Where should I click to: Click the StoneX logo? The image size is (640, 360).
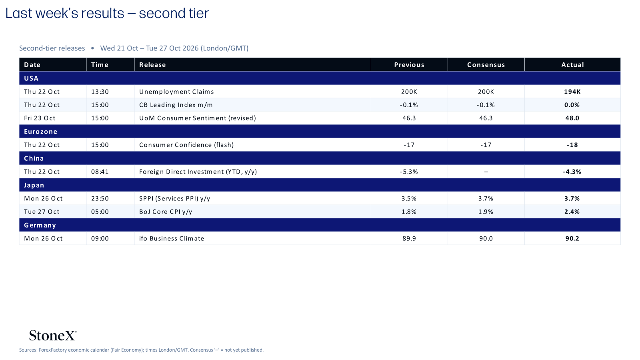[53, 336]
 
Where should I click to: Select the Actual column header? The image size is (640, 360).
[572, 65]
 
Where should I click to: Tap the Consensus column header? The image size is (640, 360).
[486, 65]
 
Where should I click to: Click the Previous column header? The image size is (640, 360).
[409, 65]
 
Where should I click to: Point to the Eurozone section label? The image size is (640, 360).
[40, 132]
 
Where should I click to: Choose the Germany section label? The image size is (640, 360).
[40, 225]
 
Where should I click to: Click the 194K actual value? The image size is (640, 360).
[572, 92]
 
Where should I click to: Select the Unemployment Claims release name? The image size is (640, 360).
[176, 92]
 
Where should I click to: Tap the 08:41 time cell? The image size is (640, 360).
[100, 172]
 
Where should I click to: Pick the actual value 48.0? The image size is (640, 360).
[572, 118]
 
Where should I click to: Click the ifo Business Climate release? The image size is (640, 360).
[172, 238]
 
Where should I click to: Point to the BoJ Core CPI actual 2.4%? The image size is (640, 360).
[572, 212]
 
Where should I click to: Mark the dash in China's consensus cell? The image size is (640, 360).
[486, 172]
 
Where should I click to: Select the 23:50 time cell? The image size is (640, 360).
[100, 198]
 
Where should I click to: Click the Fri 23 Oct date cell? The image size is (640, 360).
[40, 118]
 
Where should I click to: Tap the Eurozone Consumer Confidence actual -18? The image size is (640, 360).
[572, 145]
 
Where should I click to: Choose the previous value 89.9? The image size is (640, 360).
[409, 238]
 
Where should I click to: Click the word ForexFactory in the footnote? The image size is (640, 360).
[53, 350]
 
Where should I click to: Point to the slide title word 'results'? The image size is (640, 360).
[102, 14]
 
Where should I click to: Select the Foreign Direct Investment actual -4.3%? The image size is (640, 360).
[572, 172]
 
